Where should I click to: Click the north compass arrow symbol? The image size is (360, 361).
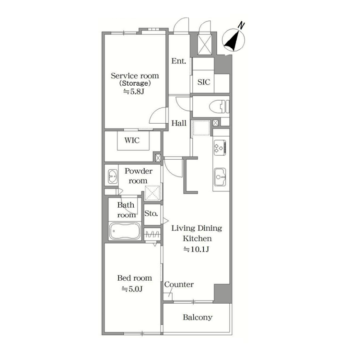pos(233,39)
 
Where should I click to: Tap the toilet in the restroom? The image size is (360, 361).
pos(219,106)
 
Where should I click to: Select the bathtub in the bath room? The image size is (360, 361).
pos(125,231)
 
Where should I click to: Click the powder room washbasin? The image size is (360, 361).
pos(112,176)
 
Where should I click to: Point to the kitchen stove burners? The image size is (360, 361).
pos(220,148)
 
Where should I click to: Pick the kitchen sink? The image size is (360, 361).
pos(220,177)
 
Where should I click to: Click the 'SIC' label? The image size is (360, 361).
pos(204,82)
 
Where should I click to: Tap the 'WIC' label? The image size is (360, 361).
pos(132,140)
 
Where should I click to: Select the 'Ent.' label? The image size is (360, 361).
pos(178,61)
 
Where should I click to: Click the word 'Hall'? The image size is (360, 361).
pos(179,123)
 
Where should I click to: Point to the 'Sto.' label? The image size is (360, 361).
pos(151,213)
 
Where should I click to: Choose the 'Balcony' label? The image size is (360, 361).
pos(197,317)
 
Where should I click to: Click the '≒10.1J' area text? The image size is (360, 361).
pos(196,249)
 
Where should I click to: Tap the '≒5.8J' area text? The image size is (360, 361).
pos(134,92)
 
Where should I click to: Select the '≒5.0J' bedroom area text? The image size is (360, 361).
pos(132,289)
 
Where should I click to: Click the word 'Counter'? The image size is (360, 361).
pos(179,284)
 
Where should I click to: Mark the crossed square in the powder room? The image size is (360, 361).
pos(152,193)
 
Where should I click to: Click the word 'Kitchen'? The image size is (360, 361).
pos(197,238)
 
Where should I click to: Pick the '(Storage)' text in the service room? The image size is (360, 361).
pos(135,83)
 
